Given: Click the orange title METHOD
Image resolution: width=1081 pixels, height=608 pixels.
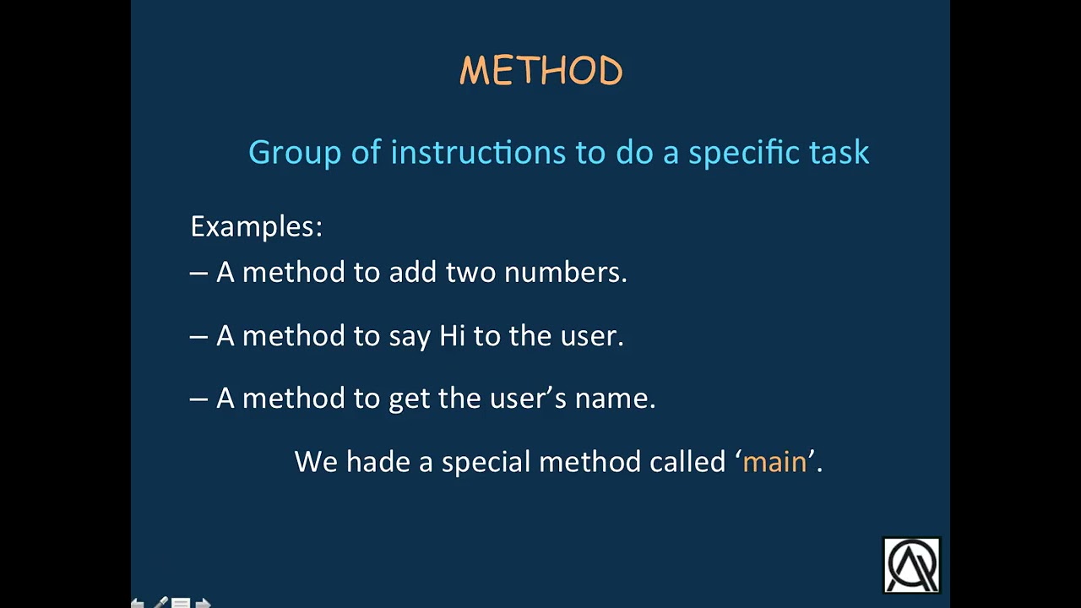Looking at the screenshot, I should pos(540,71).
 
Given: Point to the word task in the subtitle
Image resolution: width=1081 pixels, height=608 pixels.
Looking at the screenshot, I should pos(839,153).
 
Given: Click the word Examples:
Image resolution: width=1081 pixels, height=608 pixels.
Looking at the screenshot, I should pos(256,226).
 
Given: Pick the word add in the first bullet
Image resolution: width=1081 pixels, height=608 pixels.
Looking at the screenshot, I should pos(413,272).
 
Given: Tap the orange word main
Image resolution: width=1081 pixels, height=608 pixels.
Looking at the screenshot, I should pos(774,462).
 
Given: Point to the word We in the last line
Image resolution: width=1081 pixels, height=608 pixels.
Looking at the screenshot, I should pos(316,462).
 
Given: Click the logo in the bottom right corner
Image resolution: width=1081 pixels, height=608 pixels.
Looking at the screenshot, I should pos(911,565).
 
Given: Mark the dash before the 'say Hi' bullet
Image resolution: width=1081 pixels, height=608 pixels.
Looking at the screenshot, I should pos(198,336).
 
